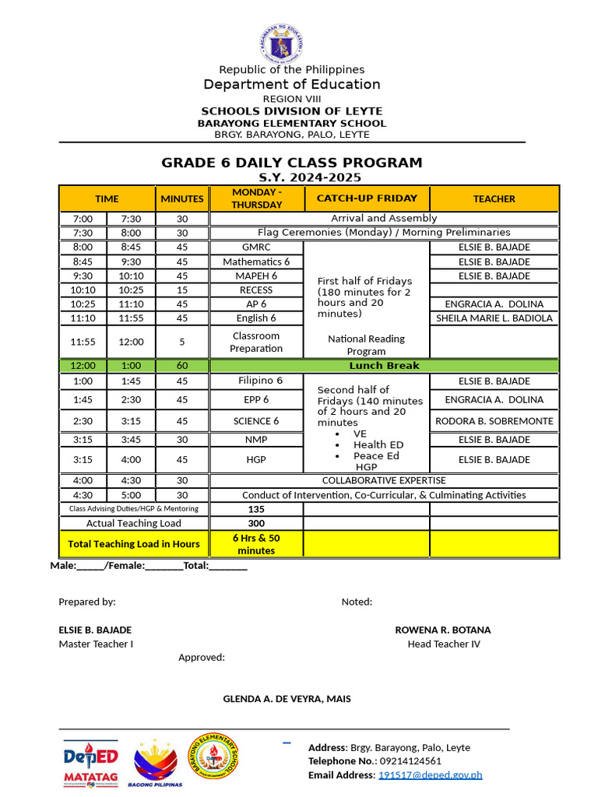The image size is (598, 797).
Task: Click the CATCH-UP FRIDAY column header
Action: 367,198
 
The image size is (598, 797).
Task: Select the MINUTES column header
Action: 182,198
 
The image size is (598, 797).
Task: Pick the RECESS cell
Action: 256,290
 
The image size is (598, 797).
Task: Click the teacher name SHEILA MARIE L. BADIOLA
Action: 494,318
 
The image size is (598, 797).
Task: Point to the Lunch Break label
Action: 384,365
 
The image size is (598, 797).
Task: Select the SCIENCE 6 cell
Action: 256,421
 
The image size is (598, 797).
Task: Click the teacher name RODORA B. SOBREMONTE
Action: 494,421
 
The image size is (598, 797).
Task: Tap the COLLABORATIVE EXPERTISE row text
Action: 384,480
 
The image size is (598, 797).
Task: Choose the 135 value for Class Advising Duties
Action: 256,509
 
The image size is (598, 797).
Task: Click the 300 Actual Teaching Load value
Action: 256,524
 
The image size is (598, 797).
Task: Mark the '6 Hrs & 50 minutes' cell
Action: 256,544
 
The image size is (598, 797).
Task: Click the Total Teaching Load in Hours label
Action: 134,544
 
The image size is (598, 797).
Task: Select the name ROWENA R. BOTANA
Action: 443,630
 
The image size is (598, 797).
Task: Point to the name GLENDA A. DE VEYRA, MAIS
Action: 287,699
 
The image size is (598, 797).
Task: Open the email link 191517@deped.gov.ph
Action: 430,774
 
